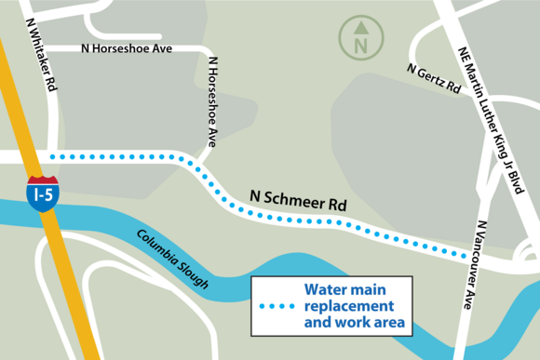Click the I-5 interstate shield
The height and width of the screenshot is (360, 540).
pos(43,193)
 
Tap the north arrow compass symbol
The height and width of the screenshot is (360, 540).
pos(359,37)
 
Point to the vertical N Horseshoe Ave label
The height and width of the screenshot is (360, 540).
pos(212,102)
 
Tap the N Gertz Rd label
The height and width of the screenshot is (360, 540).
pos(434,79)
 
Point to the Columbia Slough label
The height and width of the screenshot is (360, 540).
pos(172,259)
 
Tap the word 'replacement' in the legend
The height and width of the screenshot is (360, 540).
pos(349,306)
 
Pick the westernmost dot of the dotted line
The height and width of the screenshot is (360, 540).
pos(52,156)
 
